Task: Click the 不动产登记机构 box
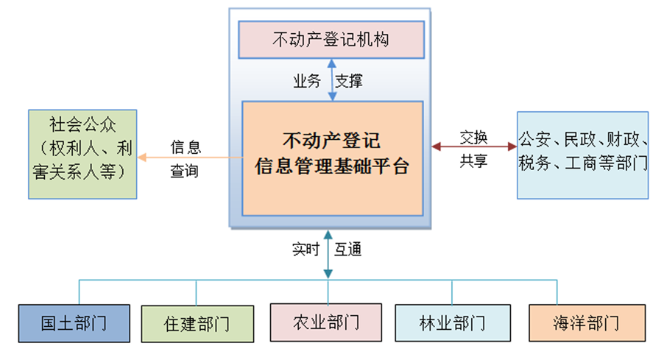pyautogui.click(x=331, y=40)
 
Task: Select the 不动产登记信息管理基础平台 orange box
pyautogui.click(x=332, y=158)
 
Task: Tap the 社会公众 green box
pyautogui.click(x=83, y=154)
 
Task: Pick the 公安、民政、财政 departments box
pyautogui.click(x=582, y=155)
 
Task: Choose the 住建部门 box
pyautogui.click(x=197, y=323)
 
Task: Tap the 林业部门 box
pyautogui.click(x=452, y=322)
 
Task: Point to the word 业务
pyautogui.click(x=307, y=81)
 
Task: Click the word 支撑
pyautogui.click(x=349, y=81)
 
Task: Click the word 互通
pyautogui.click(x=347, y=250)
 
